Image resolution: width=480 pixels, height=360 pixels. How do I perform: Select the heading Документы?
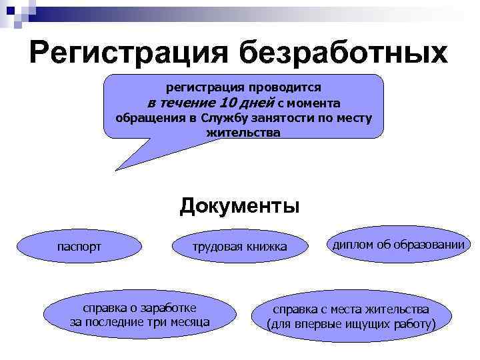[x=239, y=205]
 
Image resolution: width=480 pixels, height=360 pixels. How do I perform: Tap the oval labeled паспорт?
[x=79, y=247]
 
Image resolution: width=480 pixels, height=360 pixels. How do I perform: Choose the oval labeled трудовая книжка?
[x=239, y=247]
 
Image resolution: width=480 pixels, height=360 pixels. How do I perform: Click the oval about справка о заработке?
[x=139, y=315]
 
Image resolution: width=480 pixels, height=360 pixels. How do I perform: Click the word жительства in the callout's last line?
[x=243, y=132]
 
